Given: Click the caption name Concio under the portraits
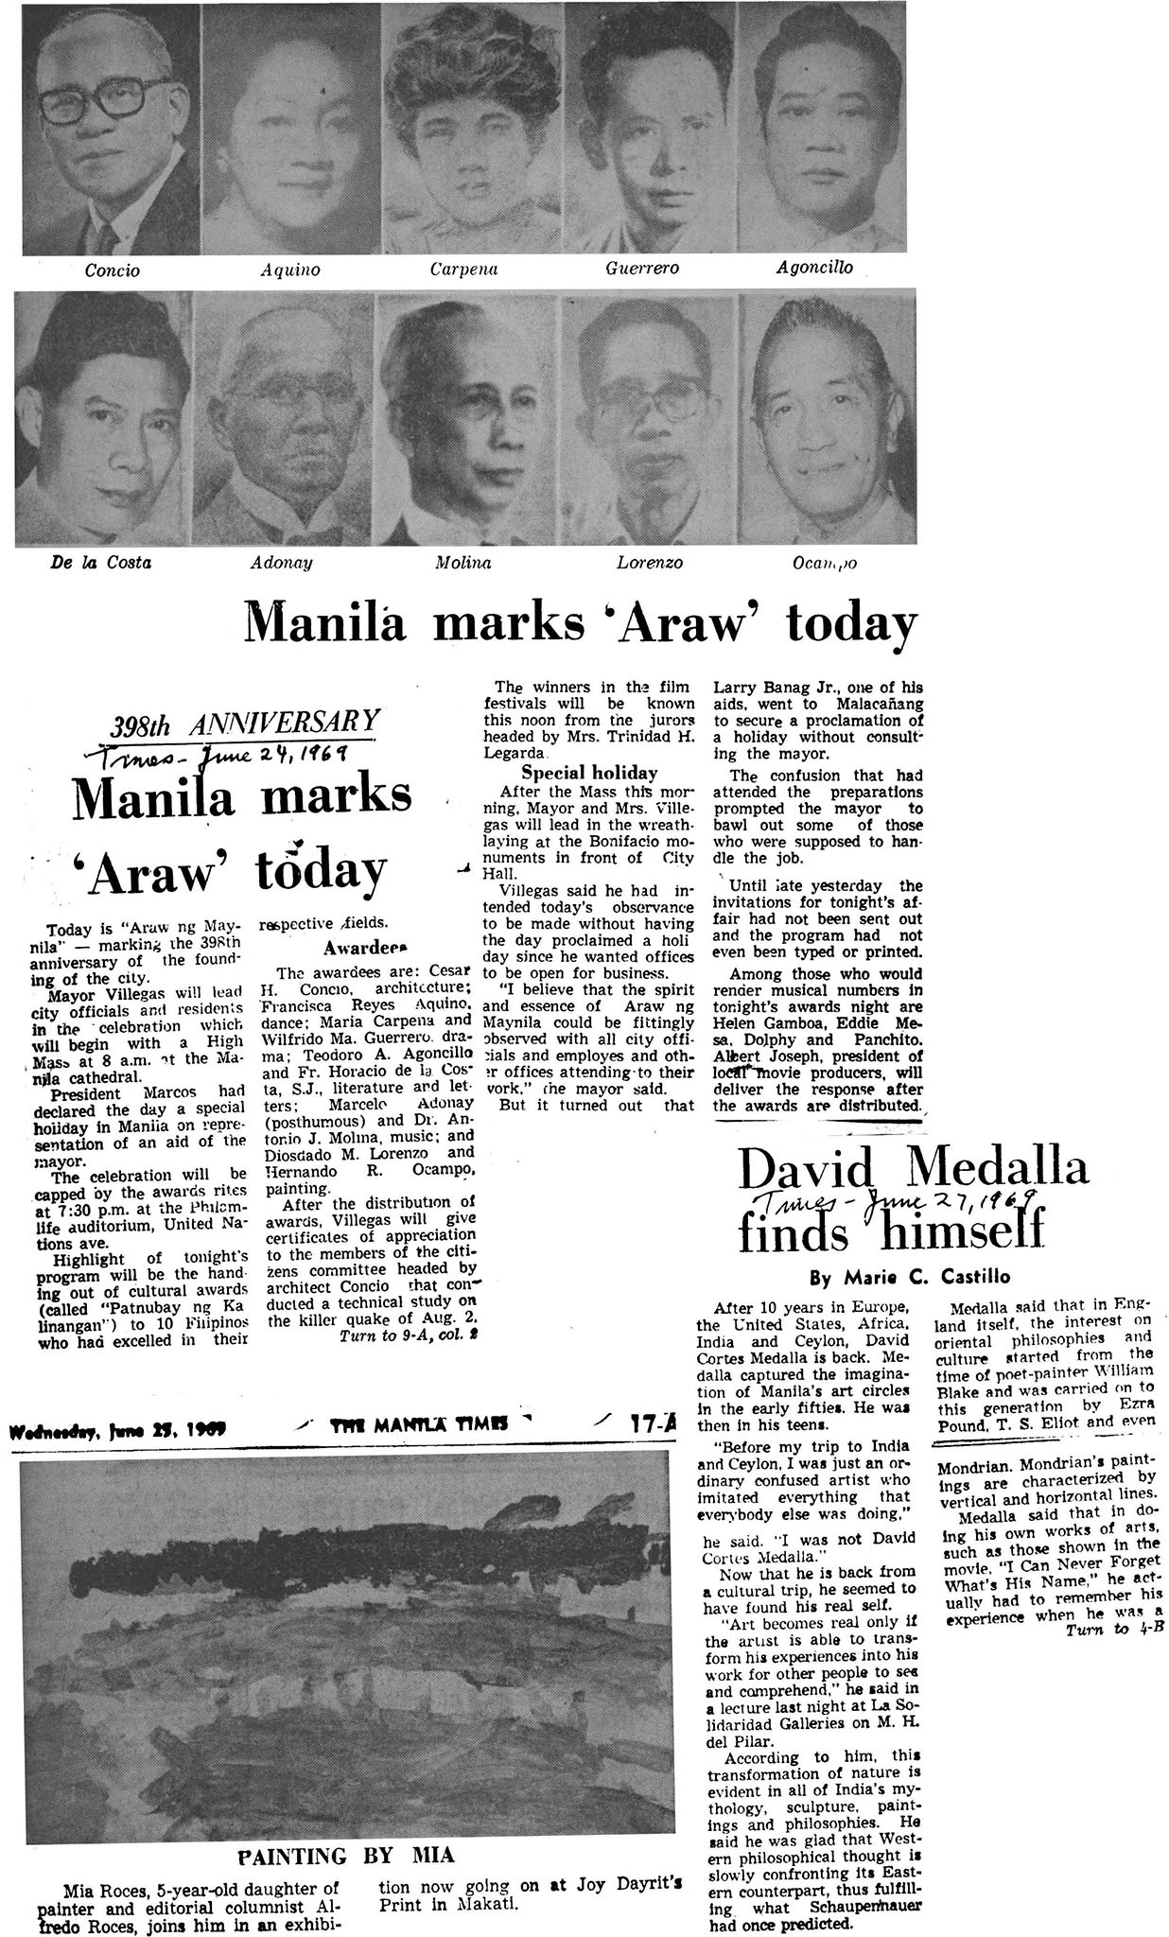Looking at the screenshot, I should tap(113, 270).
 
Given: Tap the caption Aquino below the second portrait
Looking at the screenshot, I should tap(290, 270).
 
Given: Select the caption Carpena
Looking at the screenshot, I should tap(463, 270).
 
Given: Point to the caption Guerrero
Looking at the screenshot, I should tap(642, 269).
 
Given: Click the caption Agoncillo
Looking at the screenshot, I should tap(814, 268).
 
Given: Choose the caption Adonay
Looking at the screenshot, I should tap(281, 564).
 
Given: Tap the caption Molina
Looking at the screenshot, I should tap(462, 564).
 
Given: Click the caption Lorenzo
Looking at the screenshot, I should tap(650, 564).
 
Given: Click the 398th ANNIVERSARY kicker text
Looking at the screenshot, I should tap(245, 724).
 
